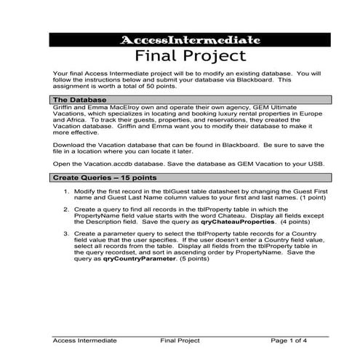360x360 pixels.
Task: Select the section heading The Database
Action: (x=81, y=99)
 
